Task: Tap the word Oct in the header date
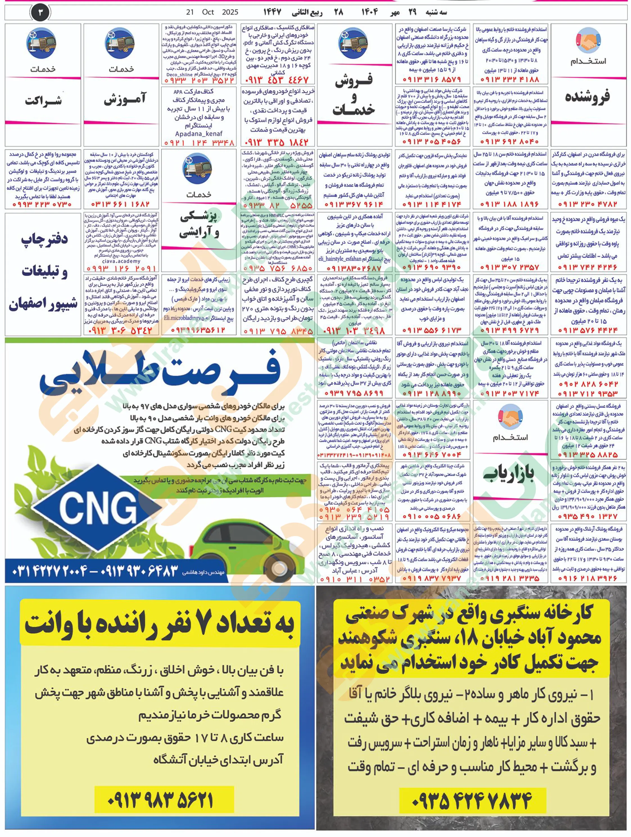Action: coord(208,12)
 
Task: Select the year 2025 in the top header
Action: coord(230,12)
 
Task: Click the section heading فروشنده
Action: coord(587,97)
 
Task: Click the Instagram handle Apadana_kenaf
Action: coord(199,134)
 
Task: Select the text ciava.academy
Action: coord(121,261)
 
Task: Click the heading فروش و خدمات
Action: coord(354,94)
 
